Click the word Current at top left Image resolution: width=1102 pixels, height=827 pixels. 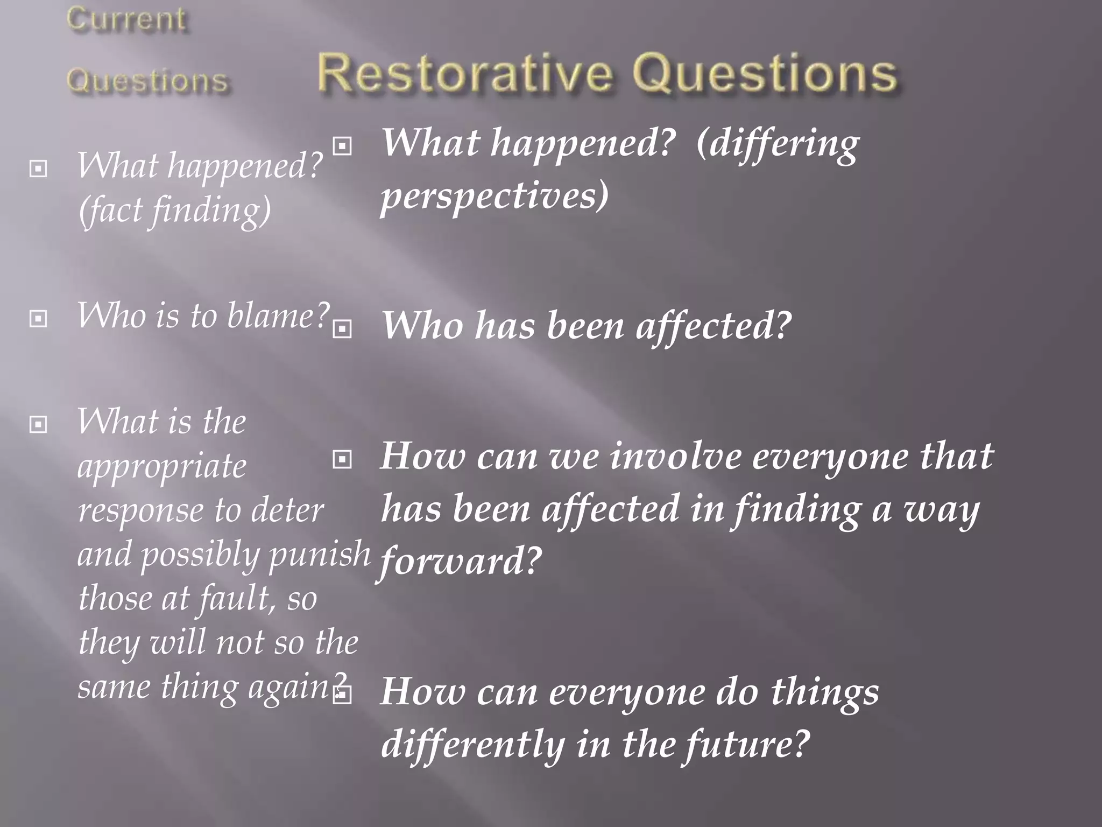point(127,20)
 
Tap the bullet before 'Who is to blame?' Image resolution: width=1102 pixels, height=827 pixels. point(38,319)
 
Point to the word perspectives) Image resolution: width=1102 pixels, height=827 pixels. point(495,196)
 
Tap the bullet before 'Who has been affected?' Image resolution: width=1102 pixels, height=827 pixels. point(342,328)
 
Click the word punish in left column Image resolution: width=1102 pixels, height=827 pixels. point(320,555)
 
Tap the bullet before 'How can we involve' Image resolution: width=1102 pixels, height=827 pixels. point(342,459)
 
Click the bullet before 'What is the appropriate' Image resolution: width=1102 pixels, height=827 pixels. point(38,424)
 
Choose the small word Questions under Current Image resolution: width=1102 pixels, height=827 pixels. point(147,82)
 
